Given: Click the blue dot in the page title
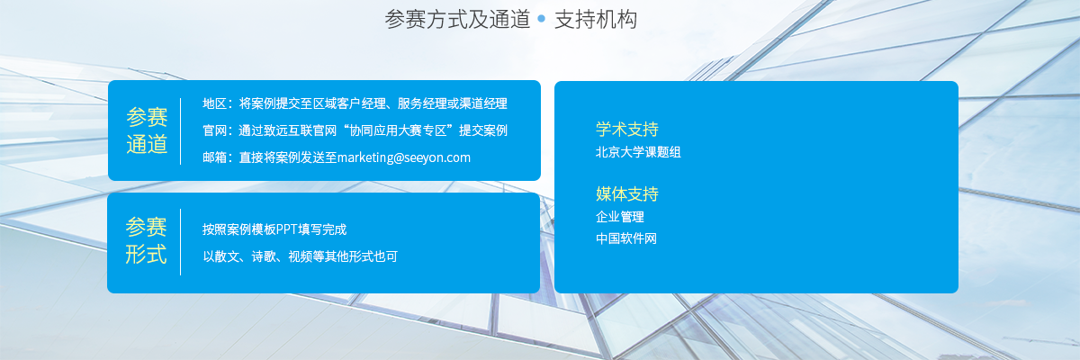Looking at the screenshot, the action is (x=542, y=19).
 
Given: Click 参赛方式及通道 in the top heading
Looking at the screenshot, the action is (x=457, y=20).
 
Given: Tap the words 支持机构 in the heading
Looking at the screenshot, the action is (x=596, y=20).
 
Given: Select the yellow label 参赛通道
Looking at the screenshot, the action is (x=147, y=131).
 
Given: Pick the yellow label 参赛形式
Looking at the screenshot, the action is (x=146, y=241).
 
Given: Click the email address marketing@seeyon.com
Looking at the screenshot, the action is (x=404, y=157).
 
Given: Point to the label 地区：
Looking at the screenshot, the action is (x=218, y=103).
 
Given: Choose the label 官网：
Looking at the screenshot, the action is (x=218, y=130).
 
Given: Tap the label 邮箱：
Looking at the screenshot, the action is (x=218, y=157).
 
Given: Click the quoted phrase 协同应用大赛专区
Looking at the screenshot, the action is (x=398, y=130).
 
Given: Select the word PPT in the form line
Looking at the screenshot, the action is (x=287, y=229).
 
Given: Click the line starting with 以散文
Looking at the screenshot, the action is (x=300, y=256).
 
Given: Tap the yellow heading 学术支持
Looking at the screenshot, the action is (x=626, y=130).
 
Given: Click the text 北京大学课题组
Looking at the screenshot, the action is (x=638, y=152).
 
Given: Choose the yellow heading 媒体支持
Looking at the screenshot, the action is (x=626, y=193).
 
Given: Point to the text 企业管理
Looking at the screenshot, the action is (x=620, y=217).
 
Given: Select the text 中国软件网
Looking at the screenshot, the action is (x=626, y=238).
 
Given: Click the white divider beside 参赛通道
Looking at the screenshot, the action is (x=180, y=131).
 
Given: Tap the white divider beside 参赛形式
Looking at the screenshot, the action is (x=180, y=242).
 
